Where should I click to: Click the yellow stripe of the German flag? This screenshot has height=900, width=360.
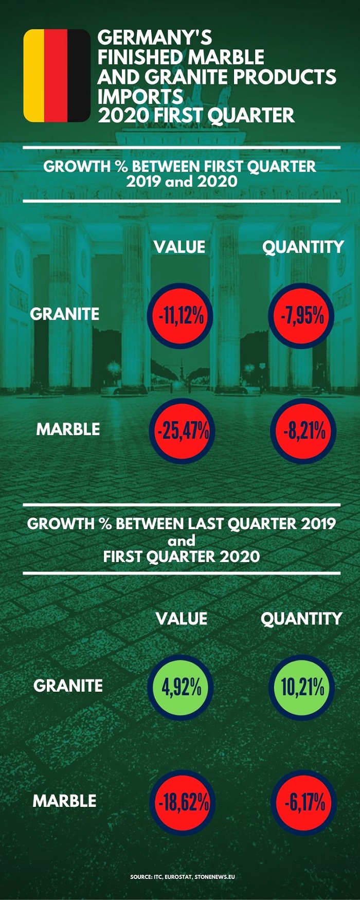(x=34, y=76)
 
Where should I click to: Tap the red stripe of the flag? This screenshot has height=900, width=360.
(x=56, y=76)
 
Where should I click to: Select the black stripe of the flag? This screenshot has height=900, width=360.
(x=79, y=76)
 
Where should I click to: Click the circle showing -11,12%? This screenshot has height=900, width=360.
(x=180, y=316)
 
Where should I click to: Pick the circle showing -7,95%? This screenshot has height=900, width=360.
(x=301, y=316)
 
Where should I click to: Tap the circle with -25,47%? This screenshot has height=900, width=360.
(x=182, y=431)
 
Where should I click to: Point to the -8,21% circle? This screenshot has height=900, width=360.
(x=303, y=431)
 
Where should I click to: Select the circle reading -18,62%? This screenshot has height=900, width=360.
(x=182, y=803)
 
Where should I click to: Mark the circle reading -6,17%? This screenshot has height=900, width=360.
(x=303, y=803)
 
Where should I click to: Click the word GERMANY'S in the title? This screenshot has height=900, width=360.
(x=154, y=38)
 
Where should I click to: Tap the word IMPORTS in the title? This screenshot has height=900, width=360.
(x=140, y=97)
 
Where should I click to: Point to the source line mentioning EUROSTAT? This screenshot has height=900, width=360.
(x=183, y=876)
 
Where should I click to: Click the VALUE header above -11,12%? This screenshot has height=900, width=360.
(x=179, y=247)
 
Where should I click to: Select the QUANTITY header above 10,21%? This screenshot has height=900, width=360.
(x=301, y=619)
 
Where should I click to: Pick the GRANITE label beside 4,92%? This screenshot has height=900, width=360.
(x=68, y=686)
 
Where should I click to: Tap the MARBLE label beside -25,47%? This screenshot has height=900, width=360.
(x=68, y=429)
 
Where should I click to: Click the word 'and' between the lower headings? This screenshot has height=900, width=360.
(x=182, y=541)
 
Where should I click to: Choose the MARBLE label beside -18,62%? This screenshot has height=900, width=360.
(x=64, y=801)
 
